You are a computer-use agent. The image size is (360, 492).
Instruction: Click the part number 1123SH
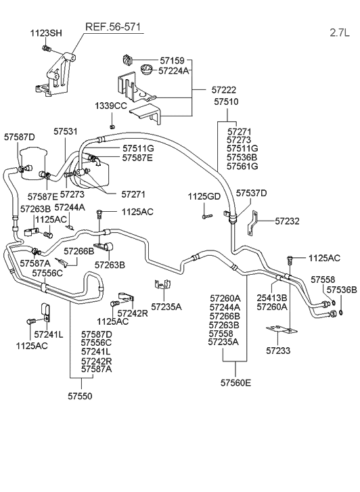pyautogui.click(x=46, y=33)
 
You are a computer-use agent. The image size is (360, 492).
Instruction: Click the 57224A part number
pyautogui.click(x=174, y=70)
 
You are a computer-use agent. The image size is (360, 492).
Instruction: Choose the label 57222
pyautogui.click(x=224, y=89)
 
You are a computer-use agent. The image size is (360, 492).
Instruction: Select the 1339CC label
pyautogui.click(x=110, y=106)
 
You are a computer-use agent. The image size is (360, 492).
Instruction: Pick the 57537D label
pyautogui.click(x=251, y=194)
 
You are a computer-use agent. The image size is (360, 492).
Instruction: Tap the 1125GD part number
pyautogui.click(x=204, y=196)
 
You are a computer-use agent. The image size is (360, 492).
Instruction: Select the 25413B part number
pyautogui.click(x=271, y=297)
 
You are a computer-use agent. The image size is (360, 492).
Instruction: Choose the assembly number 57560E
pyautogui.click(x=235, y=382)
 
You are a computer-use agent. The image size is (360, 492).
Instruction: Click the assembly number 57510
pyautogui.click(x=227, y=102)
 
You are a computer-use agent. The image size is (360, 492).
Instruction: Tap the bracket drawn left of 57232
pyautogui.click(x=252, y=221)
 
